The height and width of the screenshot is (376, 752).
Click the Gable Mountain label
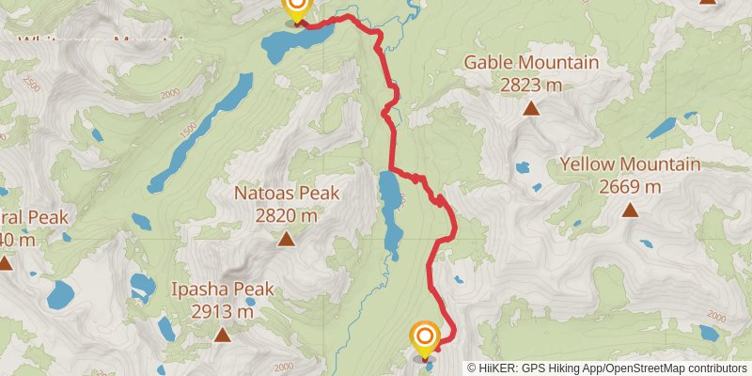(x=531, y=63)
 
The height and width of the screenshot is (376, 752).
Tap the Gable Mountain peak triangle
(x=531, y=108)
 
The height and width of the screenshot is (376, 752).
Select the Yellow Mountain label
(x=630, y=164)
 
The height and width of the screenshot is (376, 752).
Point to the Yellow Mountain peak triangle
(x=630, y=209)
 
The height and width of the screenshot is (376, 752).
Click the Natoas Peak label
(x=286, y=194)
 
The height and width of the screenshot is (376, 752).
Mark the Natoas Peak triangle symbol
(x=286, y=239)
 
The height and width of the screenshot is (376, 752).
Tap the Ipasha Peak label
(x=222, y=289)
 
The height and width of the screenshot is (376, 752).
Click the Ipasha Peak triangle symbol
(x=222, y=334)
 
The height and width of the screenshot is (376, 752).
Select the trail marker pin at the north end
(x=296, y=8)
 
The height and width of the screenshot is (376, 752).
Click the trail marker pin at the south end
(x=425, y=339)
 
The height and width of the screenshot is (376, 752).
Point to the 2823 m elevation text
(x=531, y=85)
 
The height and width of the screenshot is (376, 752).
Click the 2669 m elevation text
(x=630, y=186)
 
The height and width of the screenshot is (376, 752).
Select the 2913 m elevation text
(x=222, y=311)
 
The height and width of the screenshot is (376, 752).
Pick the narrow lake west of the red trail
(x=390, y=207)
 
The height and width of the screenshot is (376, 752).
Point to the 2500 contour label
(x=32, y=86)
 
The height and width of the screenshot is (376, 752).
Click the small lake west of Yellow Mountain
(x=523, y=169)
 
